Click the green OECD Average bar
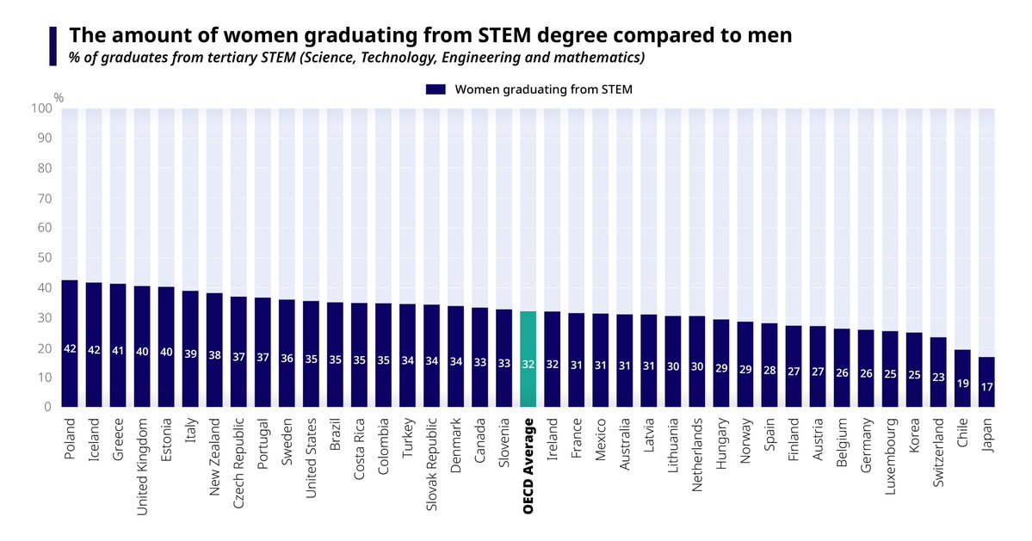[x=528, y=360]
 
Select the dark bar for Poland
[x=71, y=344]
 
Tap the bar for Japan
[x=986, y=383]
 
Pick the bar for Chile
[x=962, y=378]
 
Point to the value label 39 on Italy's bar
[x=191, y=353]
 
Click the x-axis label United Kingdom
[x=143, y=467]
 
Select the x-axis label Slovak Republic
[x=432, y=464]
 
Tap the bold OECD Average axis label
[x=528, y=465]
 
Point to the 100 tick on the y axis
[x=41, y=108]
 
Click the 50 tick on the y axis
[x=45, y=258]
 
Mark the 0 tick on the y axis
[x=48, y=408]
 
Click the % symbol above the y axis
[x=59, y=97]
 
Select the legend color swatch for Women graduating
[x=435, y=89]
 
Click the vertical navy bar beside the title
[x=53, y=46]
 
